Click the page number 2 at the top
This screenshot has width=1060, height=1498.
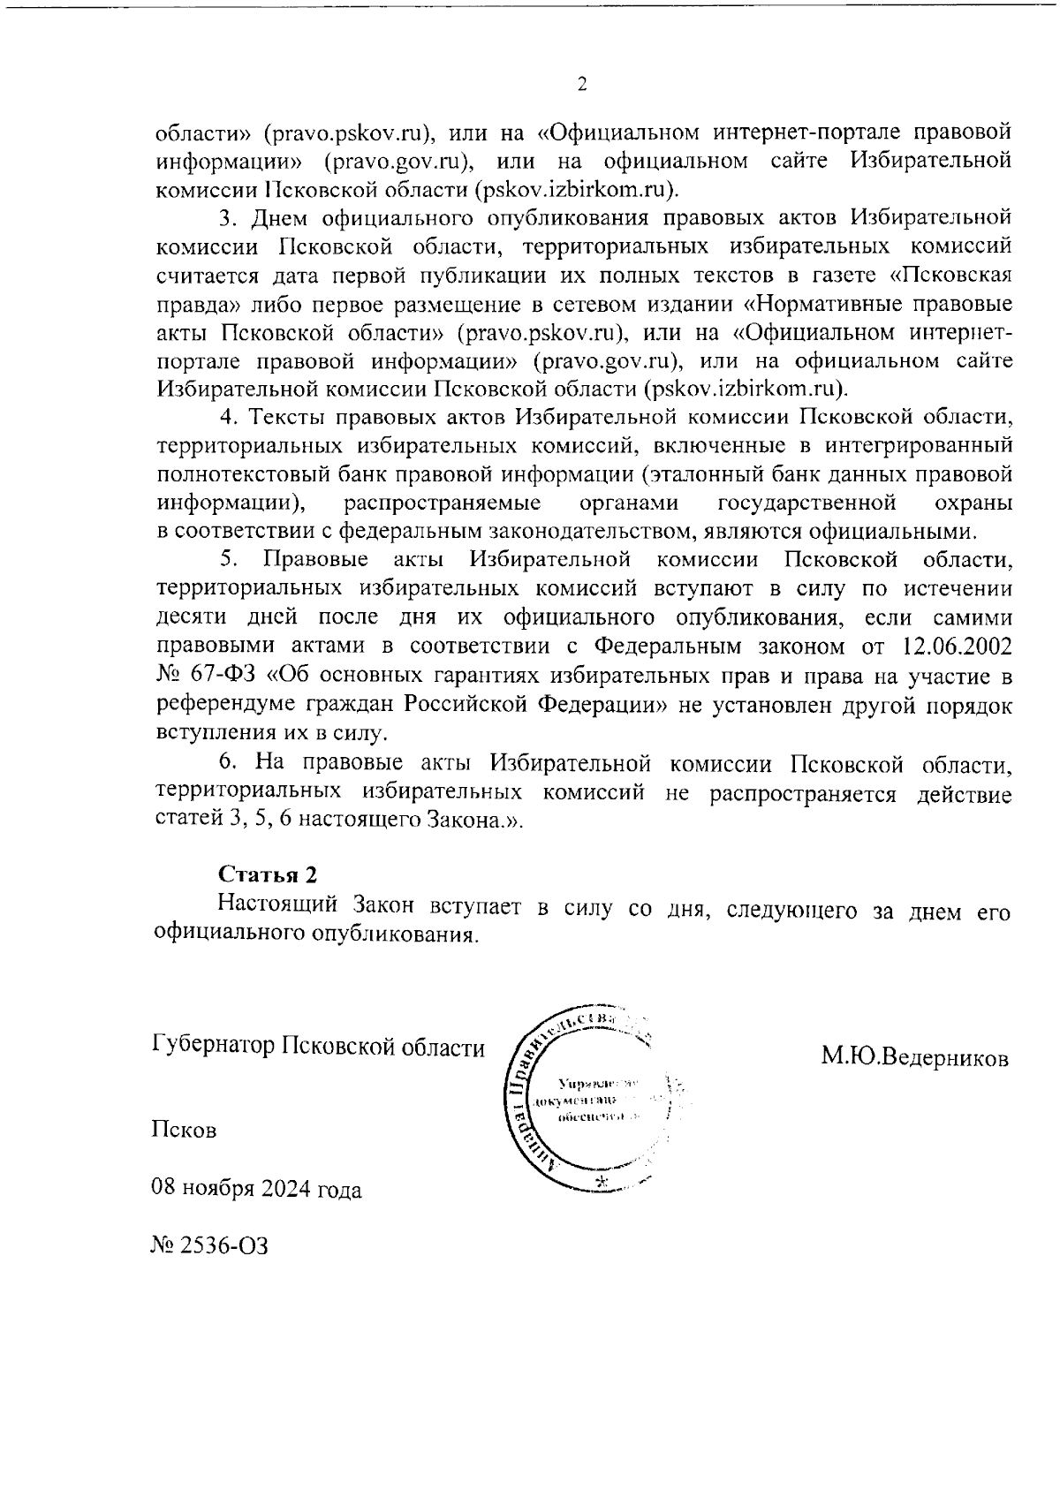click(582, 85)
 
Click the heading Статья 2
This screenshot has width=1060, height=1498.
click(268, 874)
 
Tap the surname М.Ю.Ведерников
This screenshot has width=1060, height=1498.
click(914, 1056)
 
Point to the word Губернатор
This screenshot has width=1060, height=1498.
click(213, 1048)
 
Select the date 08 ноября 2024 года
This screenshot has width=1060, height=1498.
click(256, 1189)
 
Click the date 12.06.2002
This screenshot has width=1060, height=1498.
click(958, 647)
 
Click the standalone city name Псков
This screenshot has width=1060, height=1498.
click(184, 1130)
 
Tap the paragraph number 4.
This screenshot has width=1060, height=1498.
click(225, 417)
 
